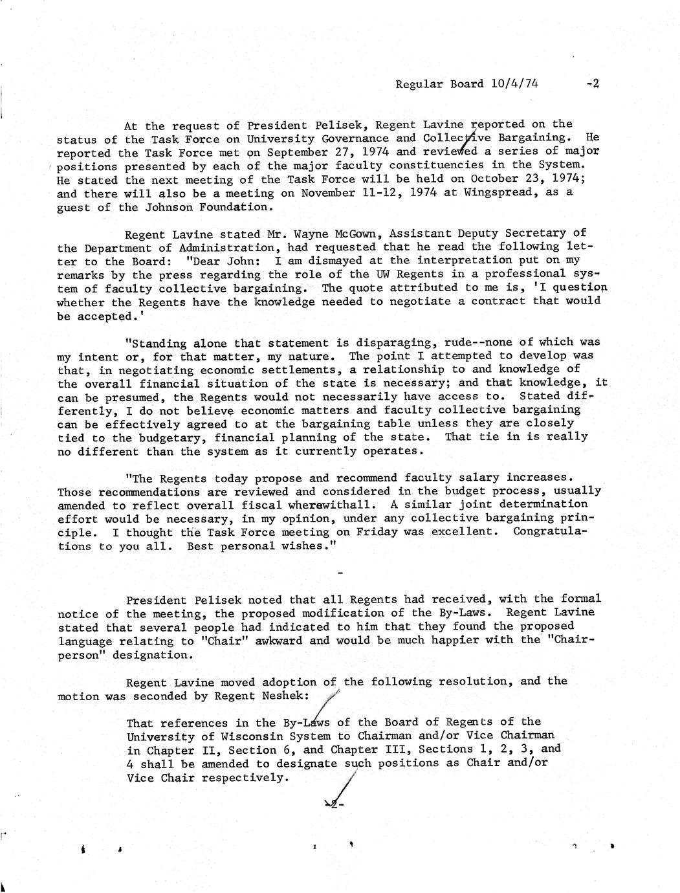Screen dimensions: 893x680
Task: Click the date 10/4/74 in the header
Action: [x=515, y=83]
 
